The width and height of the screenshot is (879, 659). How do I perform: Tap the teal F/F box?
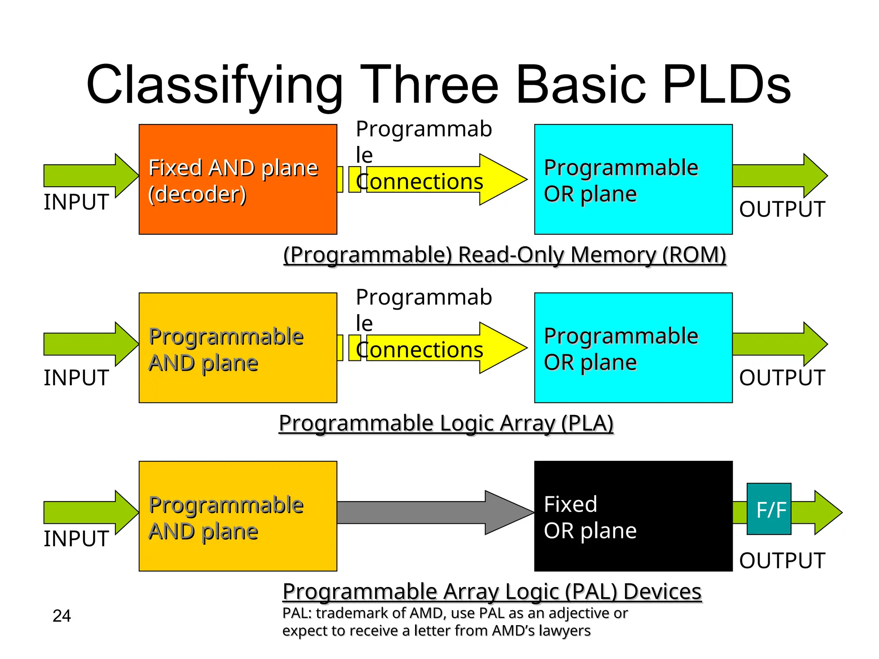[769, 509]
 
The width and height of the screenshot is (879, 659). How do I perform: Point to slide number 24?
[61, 616]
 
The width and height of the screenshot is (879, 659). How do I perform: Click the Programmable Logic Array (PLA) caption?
[446, 423]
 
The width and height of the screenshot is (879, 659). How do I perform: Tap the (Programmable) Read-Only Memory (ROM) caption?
[504, 255]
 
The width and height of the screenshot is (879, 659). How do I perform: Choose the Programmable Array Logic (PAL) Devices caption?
[492, 592]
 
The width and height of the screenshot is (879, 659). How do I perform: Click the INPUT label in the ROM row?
[76, 202]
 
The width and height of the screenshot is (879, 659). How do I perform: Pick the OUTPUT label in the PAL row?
[782, 560]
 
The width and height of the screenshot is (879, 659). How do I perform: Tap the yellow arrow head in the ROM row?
[502, 179]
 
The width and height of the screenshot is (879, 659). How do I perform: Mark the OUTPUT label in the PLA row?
[782, 378]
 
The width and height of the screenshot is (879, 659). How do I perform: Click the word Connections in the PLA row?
[420, 350]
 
